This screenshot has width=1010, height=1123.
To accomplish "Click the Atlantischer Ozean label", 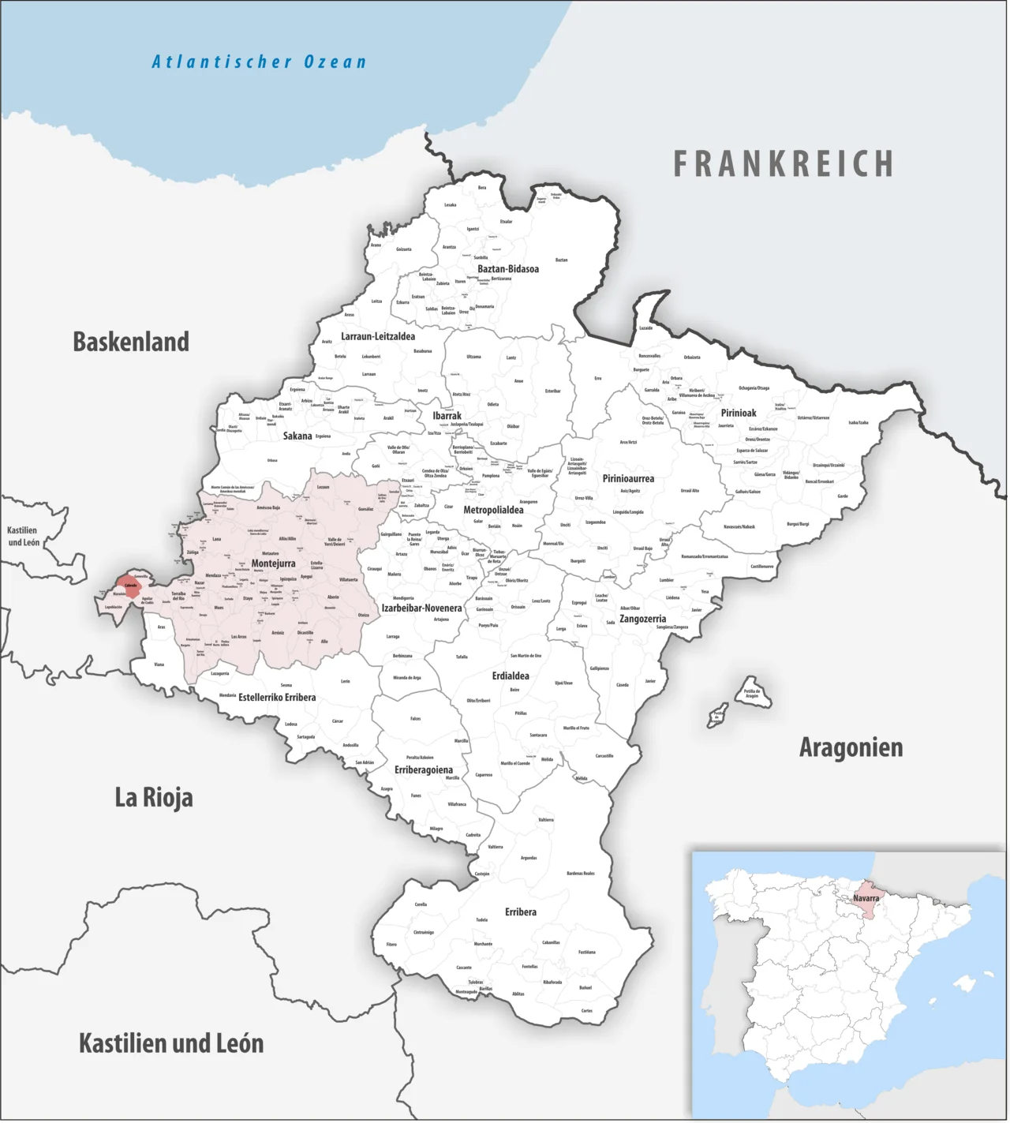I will pos(259,62).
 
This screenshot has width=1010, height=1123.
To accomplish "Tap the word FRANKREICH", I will pos(784,164).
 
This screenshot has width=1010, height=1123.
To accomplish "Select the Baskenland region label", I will pos(131,342).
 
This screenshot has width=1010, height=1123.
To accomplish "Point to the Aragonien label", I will pos(851,747).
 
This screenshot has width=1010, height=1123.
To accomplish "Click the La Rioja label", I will pos(154,797).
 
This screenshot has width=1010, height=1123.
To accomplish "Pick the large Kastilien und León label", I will pos(171,1043).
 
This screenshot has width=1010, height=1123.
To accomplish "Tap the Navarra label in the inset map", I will pos(866,898).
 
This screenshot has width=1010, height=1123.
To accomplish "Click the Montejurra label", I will pos(273,563).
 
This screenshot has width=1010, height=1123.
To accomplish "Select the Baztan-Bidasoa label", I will pos(508,269).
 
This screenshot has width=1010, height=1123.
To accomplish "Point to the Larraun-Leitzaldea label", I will pos(378,336).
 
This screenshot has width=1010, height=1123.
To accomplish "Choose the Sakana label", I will pos(297,436).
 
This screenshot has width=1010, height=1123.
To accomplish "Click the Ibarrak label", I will pos(447,416).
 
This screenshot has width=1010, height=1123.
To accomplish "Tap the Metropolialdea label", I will pos(493,510).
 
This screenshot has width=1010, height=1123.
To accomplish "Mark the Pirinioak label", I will pos(739,413).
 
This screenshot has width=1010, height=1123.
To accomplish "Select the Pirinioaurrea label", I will pos(628,478).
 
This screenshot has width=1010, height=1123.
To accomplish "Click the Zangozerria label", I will pos(642,619).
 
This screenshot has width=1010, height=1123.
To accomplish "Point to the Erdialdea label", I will pos(511,676).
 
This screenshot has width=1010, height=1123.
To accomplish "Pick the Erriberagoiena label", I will pos(424,769).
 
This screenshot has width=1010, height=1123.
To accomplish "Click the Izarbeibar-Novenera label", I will pos(421,608).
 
